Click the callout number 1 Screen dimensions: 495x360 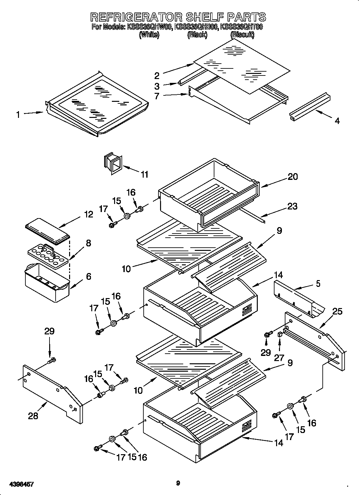coord(18,115)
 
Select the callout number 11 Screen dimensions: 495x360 coord(145,174)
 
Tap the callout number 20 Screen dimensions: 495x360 coord(292,176)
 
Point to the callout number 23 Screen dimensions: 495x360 coord(292,206)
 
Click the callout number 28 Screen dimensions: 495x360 coord(33,416)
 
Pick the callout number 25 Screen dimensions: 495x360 coord(337,311)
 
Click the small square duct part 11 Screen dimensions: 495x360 coord(113,164)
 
